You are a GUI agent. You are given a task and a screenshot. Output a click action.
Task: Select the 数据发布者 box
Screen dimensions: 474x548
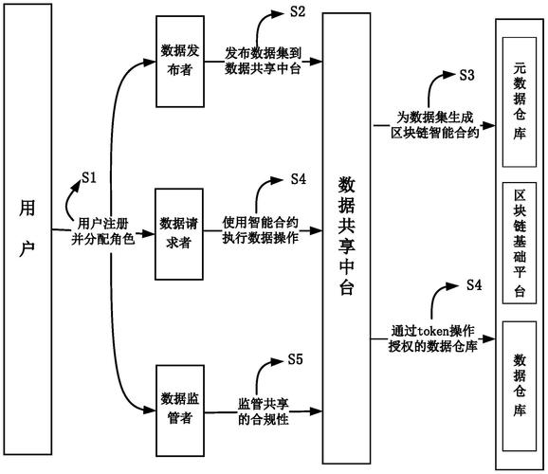pos(179,61)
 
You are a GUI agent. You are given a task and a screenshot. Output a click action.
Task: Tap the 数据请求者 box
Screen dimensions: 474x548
pos(179,231)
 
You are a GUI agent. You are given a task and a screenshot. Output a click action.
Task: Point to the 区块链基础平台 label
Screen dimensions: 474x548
pos(520,250)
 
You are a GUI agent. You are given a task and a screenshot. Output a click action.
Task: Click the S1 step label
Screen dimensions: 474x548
pos(89,176)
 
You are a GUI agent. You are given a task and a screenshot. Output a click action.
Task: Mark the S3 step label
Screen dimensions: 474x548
pos(466,74)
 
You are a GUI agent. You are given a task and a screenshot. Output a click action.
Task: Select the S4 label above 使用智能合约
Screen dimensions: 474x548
pos(298,178)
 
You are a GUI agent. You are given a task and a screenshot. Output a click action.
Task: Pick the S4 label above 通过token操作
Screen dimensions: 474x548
pos(475,284)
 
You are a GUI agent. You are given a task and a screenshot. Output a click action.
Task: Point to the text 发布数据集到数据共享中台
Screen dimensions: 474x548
pos(263,61)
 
